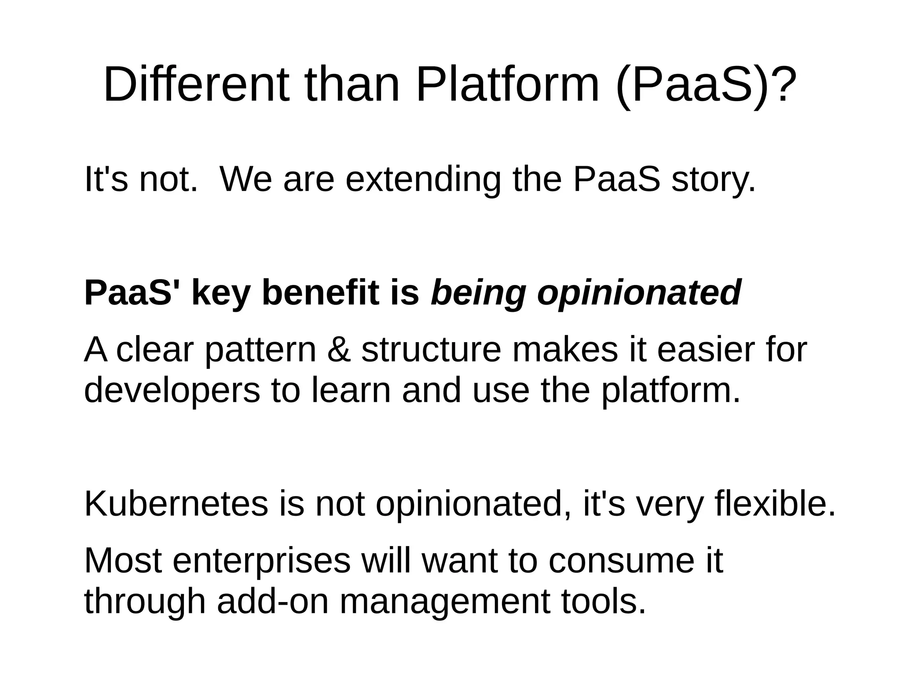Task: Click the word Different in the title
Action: pos(197,84)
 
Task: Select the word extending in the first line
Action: pos(423,179)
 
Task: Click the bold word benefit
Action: pos(321,293)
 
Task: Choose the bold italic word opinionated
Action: pos(639,294)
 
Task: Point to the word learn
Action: pos(352,390)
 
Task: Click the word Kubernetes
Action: pos(176,504)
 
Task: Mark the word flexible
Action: pos(775,504)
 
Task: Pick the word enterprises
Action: pos(261,562)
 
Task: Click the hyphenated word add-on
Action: pos(273,602)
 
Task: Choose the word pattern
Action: pos(261,350)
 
